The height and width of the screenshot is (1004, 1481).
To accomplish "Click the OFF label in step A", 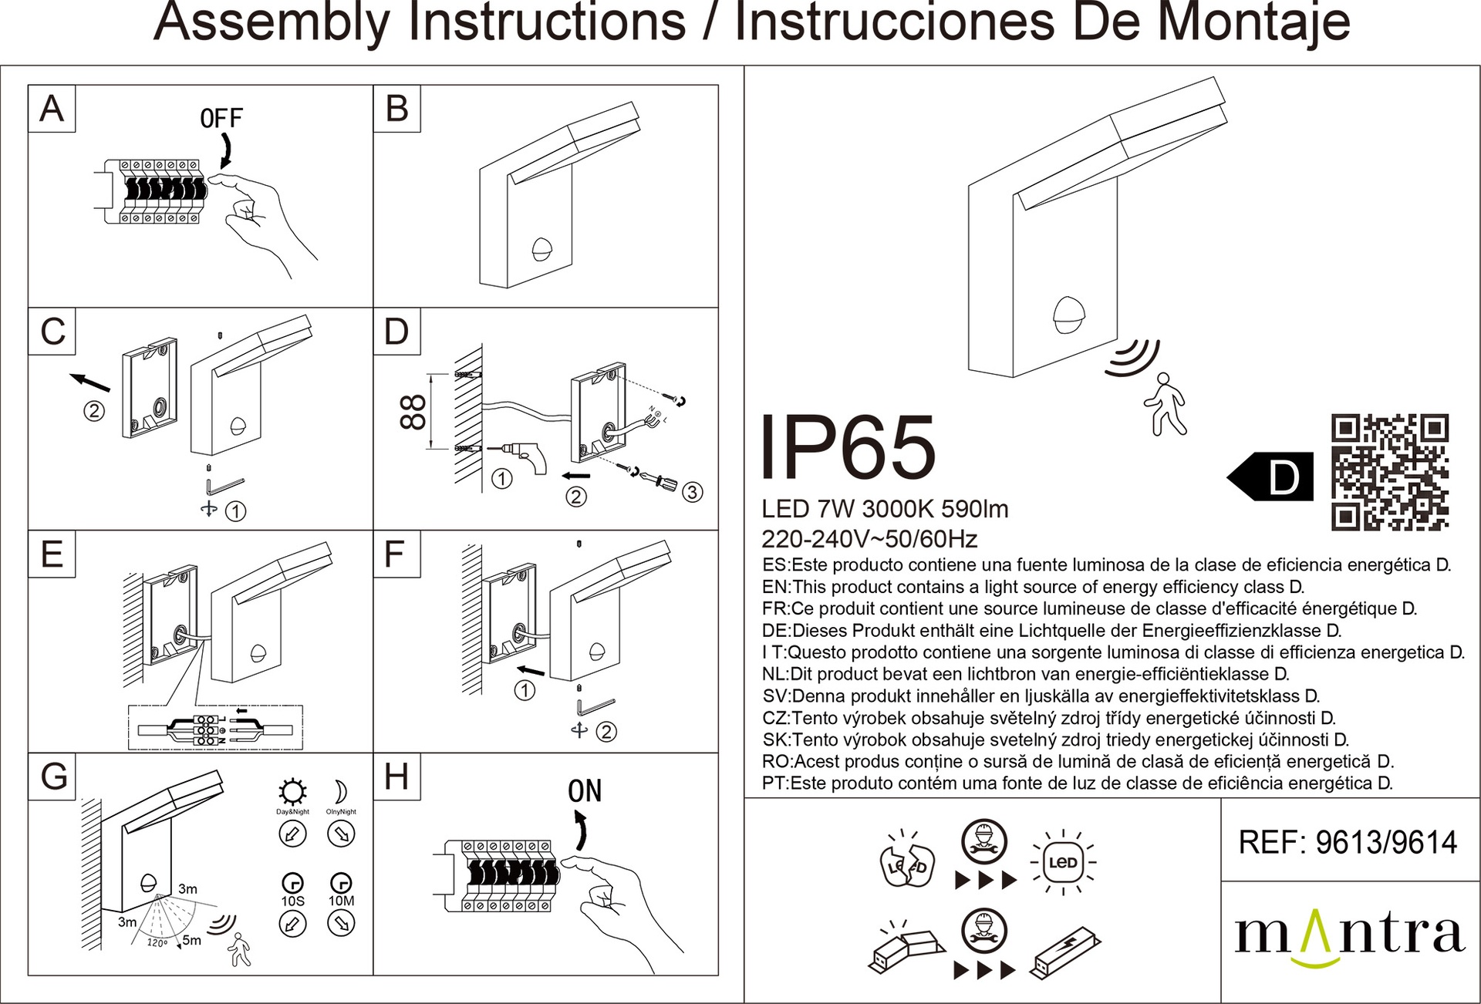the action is coord(221,118).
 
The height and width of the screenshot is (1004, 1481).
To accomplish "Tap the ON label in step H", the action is coord(584,791).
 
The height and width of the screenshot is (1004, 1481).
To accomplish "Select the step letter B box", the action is coord(396,109).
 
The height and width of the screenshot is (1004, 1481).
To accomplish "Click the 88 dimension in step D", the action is coord(413,412).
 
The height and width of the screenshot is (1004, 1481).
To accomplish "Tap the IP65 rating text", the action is coord(848,448).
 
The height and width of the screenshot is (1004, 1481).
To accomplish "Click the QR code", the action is coord(1390,472).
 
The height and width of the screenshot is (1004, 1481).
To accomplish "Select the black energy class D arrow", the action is coord(1270,477).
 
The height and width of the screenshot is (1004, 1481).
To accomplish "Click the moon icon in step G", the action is coord(340,792).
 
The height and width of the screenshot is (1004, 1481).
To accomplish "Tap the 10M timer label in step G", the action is coord(341,901).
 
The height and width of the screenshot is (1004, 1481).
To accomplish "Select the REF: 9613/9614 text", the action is coord(1348,842).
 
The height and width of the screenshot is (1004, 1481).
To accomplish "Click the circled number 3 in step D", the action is coord(692,492).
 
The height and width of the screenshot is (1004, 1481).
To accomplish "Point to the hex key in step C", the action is coord(224,487).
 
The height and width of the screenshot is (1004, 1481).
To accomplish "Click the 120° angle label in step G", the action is coord(157,943).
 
